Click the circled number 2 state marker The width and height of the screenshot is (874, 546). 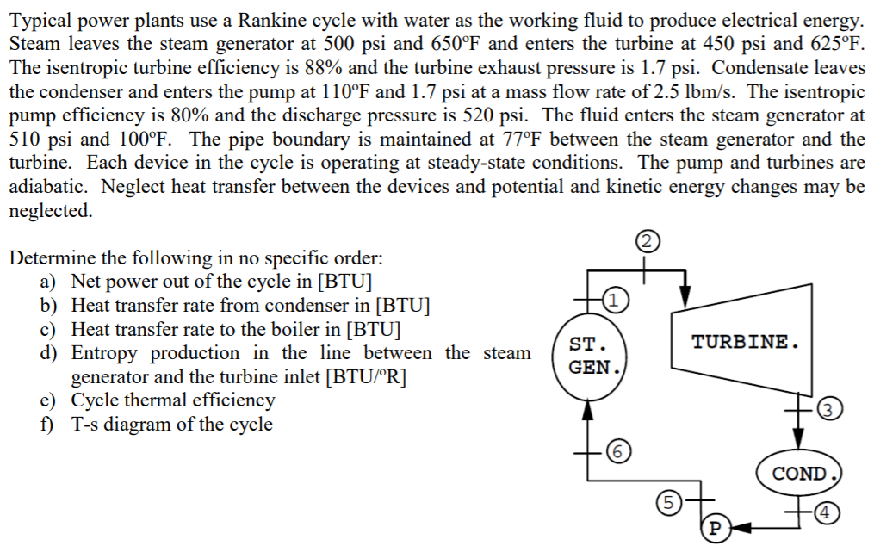click(x=647, y=241)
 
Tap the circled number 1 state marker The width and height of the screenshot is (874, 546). click(x=614, y=300)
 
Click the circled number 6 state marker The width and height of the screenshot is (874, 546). click(x=617, y=450)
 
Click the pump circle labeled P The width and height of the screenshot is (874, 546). click(x=716, y=528)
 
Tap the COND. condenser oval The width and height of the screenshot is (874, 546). click(x=799, y=473)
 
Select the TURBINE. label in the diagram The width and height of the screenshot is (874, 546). click(x=745, y=341)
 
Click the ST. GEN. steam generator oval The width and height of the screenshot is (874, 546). click(x=590, y=356)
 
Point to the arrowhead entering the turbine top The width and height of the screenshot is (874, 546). click(x=685, y=295)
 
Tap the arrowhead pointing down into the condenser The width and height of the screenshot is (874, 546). click(x=799, y=439)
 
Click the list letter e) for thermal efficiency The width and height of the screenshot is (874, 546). click(x=48, y=400)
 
